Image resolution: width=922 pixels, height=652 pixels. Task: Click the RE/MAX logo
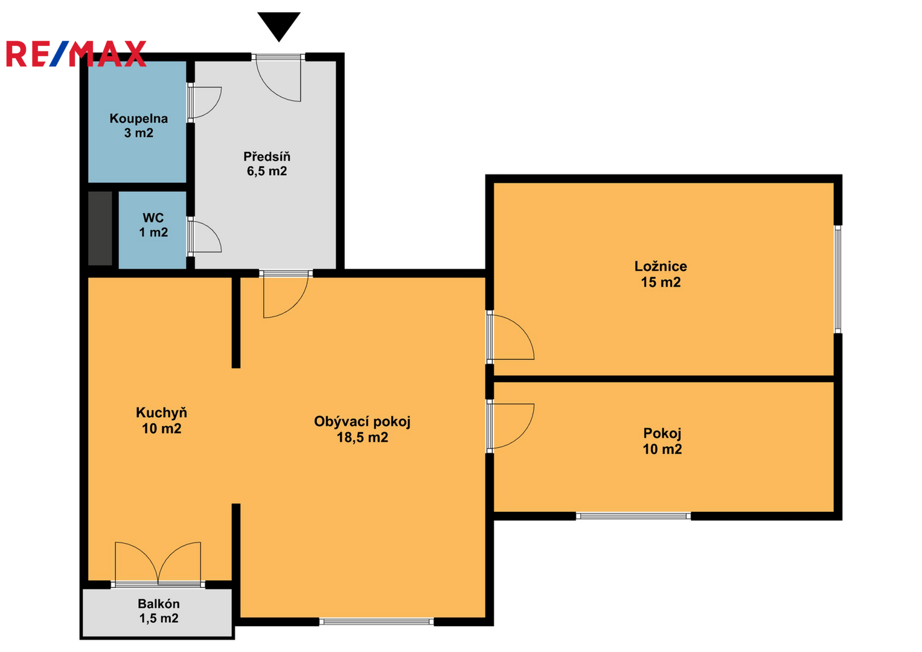click(76, 54)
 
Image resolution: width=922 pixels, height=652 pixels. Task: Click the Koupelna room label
click(139, 126)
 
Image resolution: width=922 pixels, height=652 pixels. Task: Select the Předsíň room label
click(267, 164)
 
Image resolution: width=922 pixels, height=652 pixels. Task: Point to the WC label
click(153, 225)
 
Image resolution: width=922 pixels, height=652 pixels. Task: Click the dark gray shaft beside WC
click(100, 228)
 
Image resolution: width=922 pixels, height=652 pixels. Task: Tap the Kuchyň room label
click(161, 420)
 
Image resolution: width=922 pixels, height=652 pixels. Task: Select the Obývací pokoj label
click(362, 429)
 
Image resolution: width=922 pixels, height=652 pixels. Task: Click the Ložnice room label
click(661, 274)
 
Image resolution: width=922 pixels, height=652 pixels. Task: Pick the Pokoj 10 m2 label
click(662, 441)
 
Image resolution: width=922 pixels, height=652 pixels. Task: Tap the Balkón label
click(159, 611)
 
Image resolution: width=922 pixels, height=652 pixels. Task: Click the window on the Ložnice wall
click(837, 279)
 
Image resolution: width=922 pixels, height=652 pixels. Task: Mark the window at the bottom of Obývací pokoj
click(377, 622)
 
